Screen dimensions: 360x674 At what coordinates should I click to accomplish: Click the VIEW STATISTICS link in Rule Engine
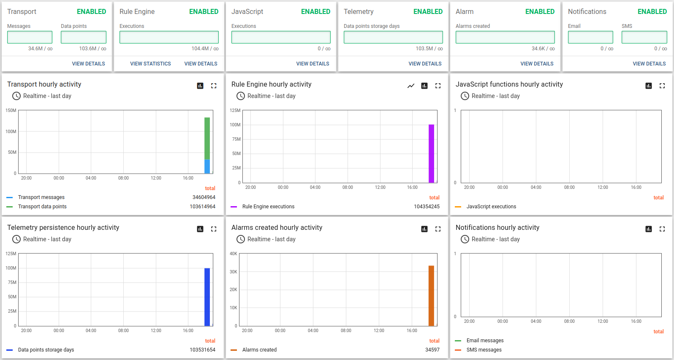tap(150, 64)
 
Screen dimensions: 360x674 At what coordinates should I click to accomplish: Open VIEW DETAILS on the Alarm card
tap(537, 64)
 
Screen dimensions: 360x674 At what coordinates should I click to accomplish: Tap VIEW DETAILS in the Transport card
tap(88, 64)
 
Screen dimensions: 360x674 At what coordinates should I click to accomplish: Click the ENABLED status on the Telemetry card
tap(428, 12)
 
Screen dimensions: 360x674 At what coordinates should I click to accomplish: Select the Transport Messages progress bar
tap(30, 37)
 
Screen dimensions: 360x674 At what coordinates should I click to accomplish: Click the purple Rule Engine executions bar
tap(431, 153)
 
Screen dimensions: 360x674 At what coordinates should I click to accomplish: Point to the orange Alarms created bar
tap(431, 296)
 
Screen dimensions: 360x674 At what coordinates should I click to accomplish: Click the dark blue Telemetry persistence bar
tap(207, 297)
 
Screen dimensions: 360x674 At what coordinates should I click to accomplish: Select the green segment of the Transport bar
tap(207, 138)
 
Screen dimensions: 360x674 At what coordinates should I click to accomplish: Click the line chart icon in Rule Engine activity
tap(411, 86)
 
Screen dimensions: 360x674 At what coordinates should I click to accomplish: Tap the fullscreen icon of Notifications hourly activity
tap(662, 229)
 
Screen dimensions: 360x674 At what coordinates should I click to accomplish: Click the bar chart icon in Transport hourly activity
tap(200, 86)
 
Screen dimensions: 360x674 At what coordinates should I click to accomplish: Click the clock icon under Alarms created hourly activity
tap(241, 239)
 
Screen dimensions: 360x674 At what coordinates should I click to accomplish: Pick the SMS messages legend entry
tap(484, 350)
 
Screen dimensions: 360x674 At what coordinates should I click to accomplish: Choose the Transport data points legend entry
tap(42, 207)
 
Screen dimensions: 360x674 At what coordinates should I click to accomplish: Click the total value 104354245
tap(427, 207)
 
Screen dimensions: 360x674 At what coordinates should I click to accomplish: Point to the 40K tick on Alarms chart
tap(234, 254)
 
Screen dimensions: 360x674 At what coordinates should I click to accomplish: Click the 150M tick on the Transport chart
tap(11, 111)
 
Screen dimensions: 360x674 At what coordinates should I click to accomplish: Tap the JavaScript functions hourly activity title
tap(509, 85)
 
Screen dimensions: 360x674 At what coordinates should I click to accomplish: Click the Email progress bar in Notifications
tap(590, 37)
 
